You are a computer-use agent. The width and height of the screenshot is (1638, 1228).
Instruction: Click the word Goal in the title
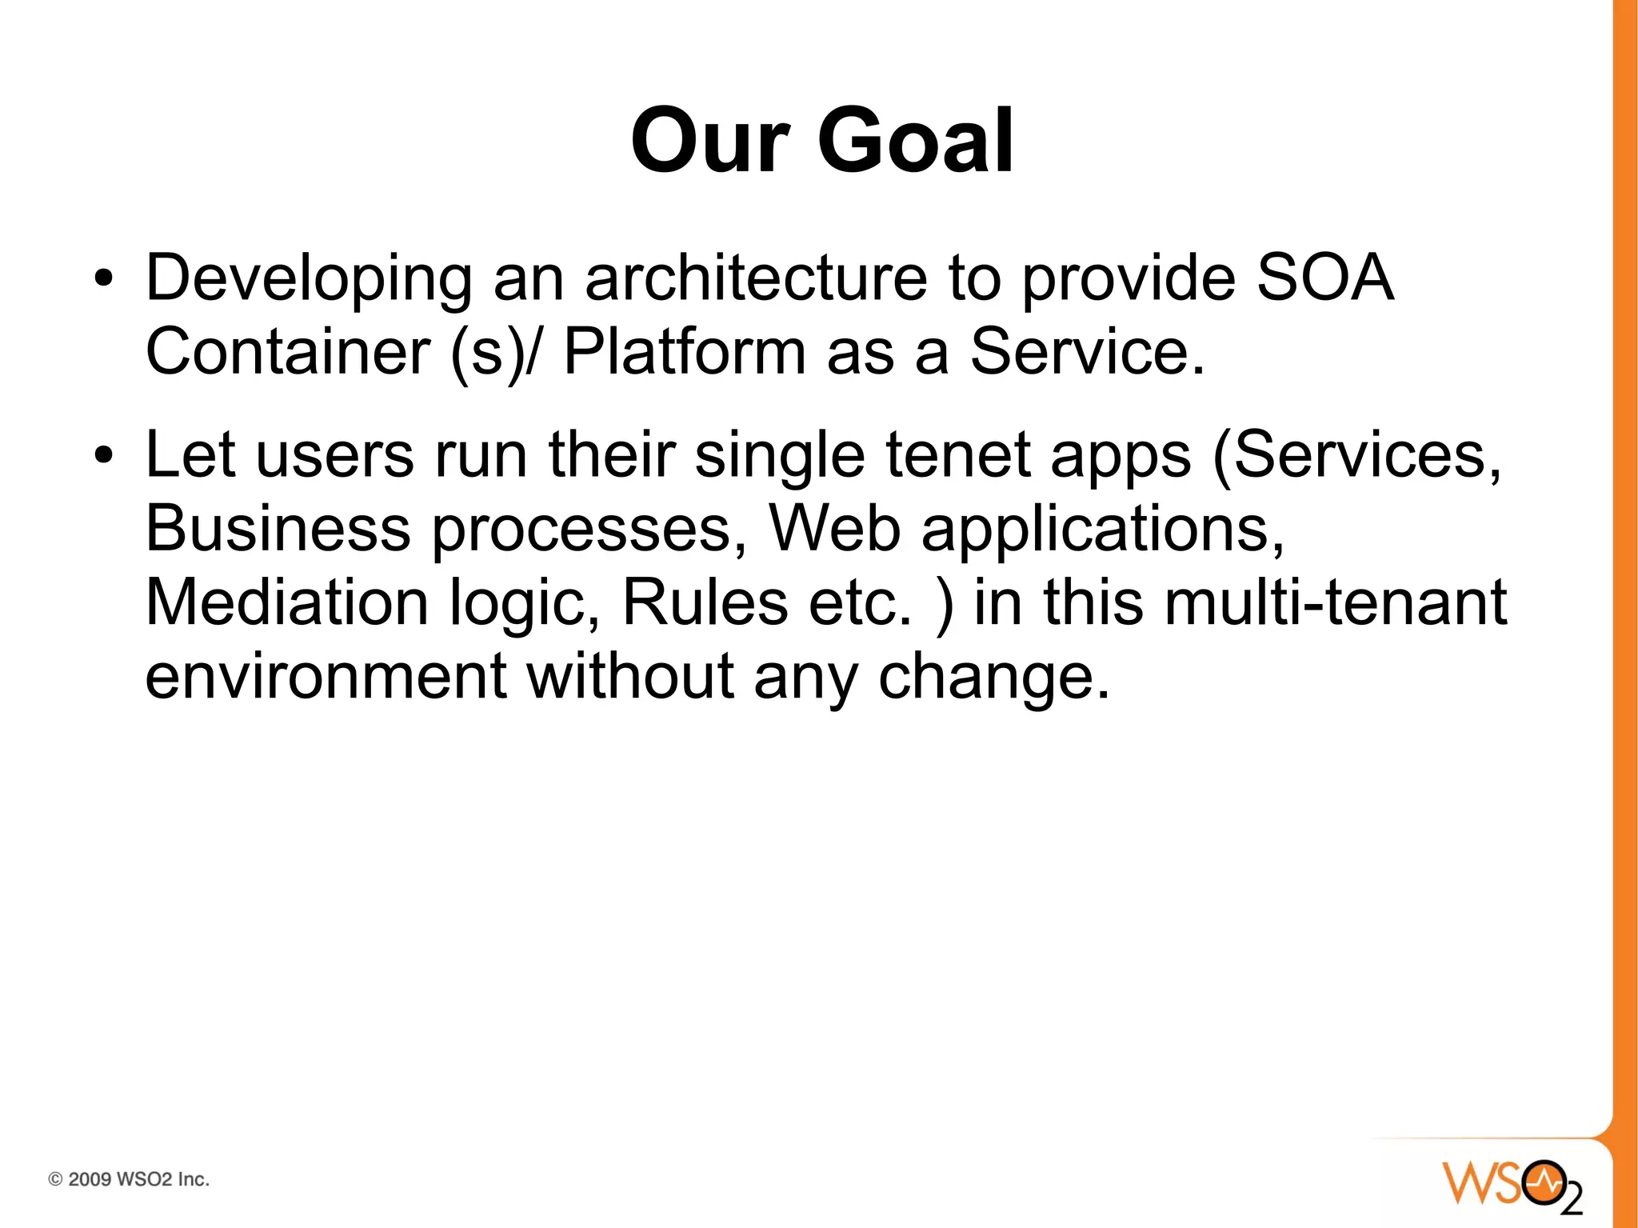tap(916, 142)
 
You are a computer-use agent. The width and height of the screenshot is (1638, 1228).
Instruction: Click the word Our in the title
tap(710, 142)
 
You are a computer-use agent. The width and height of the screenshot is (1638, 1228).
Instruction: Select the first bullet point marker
tap(102, 279)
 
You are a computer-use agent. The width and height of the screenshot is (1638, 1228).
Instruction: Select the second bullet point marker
tap(102, 456)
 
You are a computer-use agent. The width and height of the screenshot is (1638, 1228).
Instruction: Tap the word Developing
tap(309, 279)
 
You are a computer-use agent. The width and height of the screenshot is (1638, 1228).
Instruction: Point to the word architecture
tap(756, 278)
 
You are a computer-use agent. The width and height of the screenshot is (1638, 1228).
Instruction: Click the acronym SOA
tap(1324, 278)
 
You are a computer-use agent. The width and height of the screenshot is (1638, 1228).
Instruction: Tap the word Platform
tap(685, 351)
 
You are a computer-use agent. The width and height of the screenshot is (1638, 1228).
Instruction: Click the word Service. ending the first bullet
tap(1087, 351)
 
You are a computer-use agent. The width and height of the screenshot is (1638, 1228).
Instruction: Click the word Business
tap(278, 528)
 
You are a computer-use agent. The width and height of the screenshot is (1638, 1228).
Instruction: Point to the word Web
tap(834, 528)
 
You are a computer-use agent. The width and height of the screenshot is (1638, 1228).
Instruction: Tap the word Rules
tap(705, 602)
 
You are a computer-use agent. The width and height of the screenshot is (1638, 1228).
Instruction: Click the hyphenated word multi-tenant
tap(1335, 602)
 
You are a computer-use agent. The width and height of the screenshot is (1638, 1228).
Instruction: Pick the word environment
tap(326, 676)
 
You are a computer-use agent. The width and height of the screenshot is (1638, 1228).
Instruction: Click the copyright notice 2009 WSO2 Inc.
tap(130, 1179)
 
